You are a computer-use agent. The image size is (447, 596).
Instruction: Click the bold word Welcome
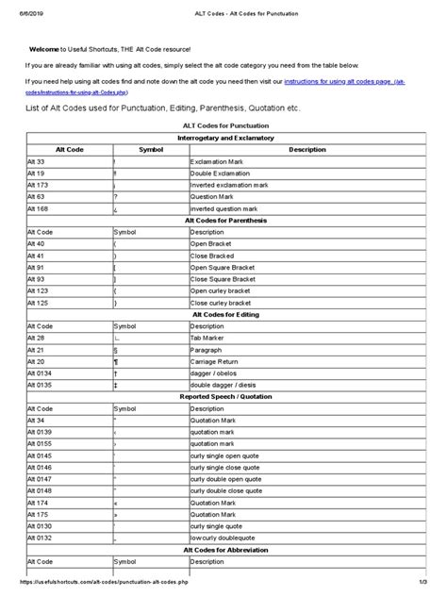tap(44, 48)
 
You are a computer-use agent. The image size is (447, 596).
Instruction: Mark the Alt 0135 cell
tap(39, 385)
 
